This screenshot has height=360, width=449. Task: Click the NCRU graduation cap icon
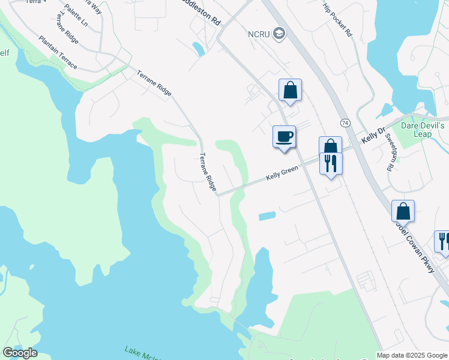click(x=279, y=34)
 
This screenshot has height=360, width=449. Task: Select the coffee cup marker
click(x=284, y=136)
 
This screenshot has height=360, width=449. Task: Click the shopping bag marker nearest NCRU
click(x=290, y=91)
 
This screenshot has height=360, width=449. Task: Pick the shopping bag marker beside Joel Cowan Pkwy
click(x=403, y=212)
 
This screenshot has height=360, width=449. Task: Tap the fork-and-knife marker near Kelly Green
click(x=331, y=163)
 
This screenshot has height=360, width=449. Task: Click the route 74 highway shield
click(x=345, y=122)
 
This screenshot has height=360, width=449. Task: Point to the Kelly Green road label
click(x=282, y=173)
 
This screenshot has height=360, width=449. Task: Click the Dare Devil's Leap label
click(x=423, y=130)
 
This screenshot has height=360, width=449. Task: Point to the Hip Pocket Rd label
click(x=337, y=20)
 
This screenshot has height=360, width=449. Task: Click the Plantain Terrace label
click(x=58, y=52)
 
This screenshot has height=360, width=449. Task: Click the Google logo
click(x=20, y=353)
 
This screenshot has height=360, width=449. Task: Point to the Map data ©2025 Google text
click(x=412, y=355)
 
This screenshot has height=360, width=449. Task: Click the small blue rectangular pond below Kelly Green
click(x=267, y=216)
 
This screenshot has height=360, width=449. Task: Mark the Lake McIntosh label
click(x=144, y=353)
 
